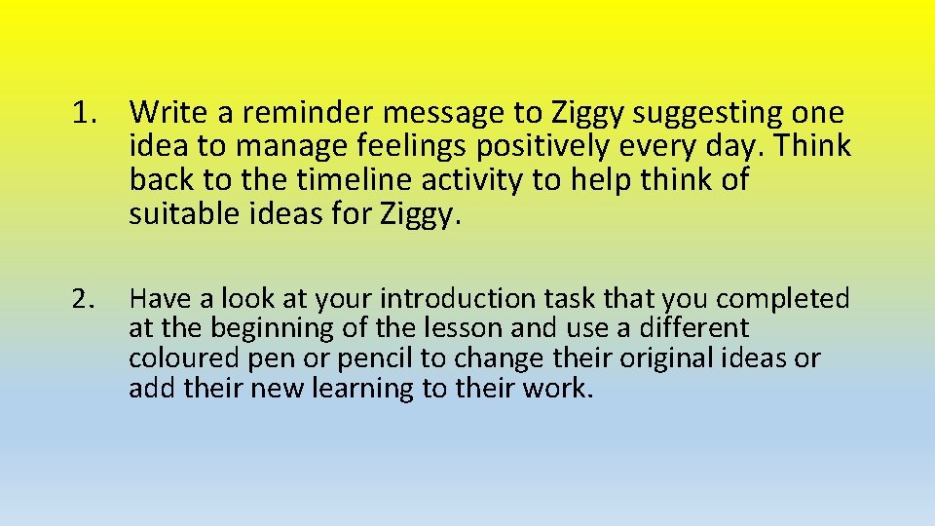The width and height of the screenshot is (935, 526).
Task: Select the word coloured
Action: click(x=186, y=359)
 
